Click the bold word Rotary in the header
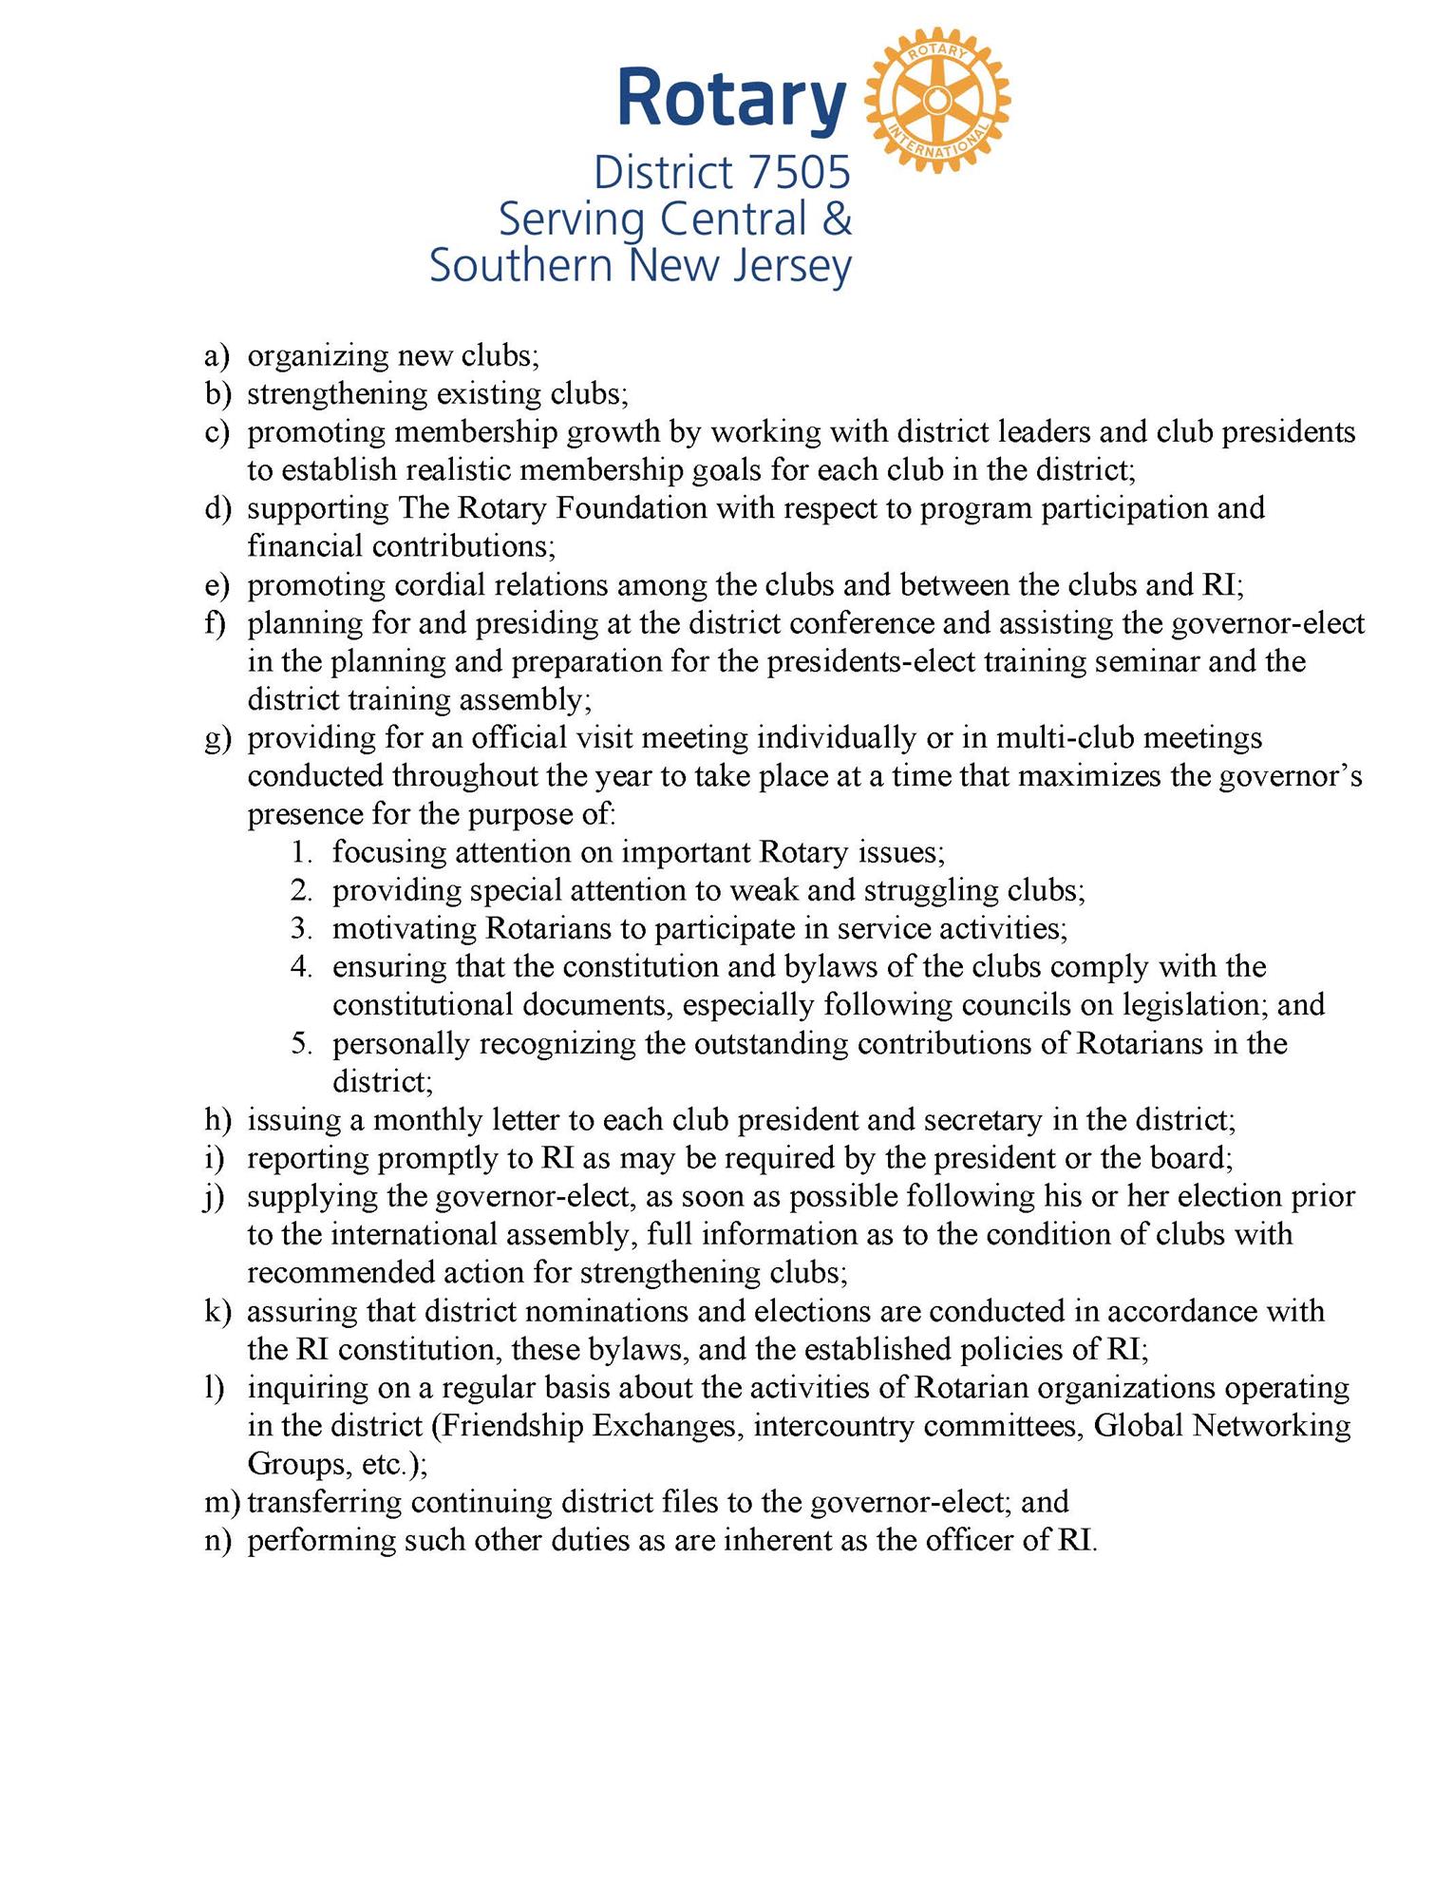pyautogui.click(x=730, y=98)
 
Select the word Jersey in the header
pyautogui.click(x=791, y=267)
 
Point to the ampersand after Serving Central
pyautogui.click(x=835, y=219)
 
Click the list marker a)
pyautogui.click(x=217, y=356)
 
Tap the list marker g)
pyautogui.click(x=217, y=739)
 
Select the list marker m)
pyautogui.click(x=221, y=1502)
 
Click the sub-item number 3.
pyautogui.click(x=302, y=928)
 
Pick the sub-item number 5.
pyautogui.click(x=302, y=1043)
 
